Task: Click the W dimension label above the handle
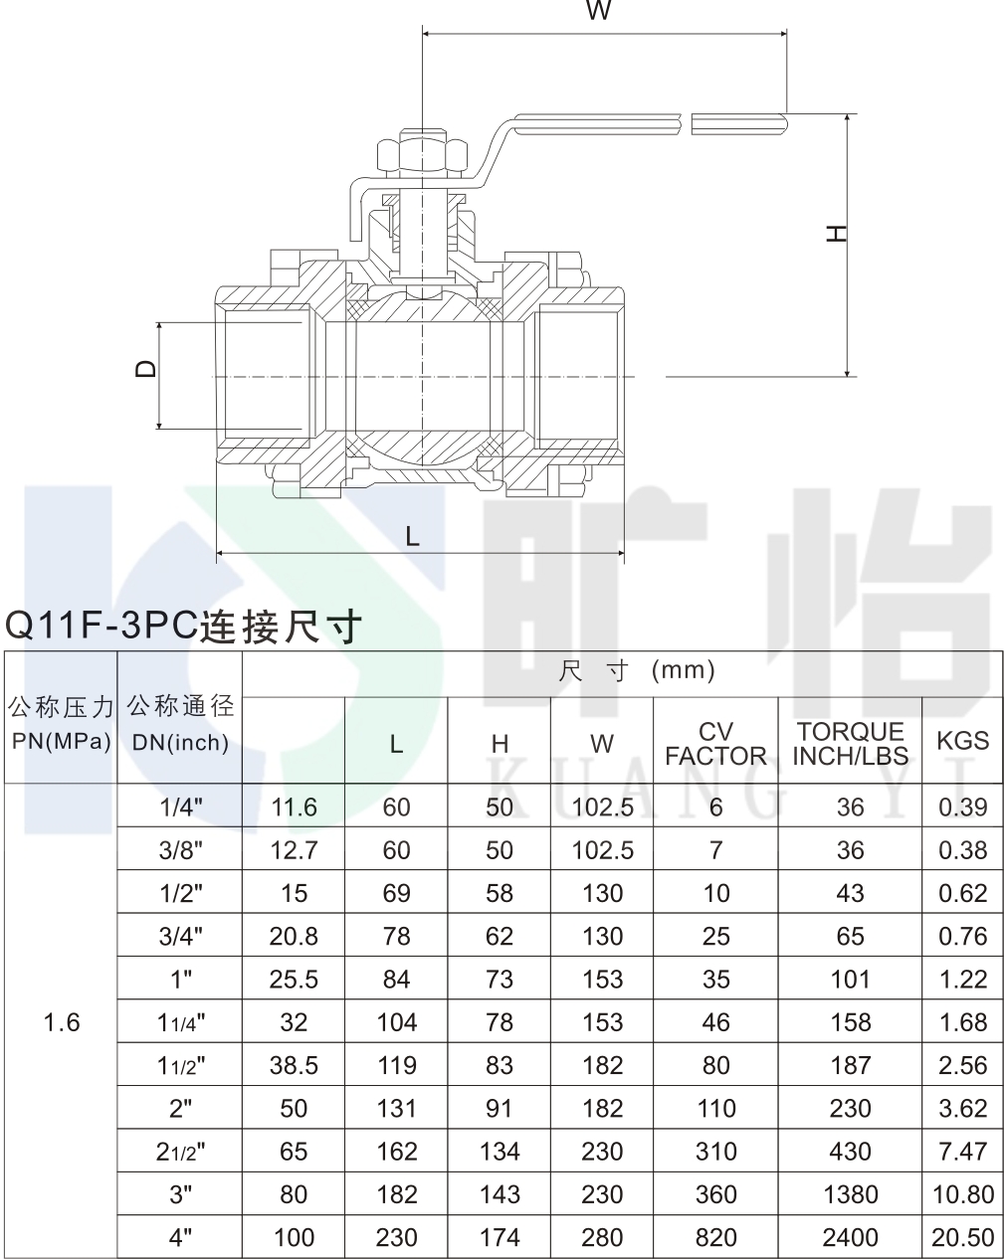point(598,10)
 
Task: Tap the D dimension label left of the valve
point(145,369)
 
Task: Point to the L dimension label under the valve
point(413,536)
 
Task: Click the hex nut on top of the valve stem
point(423,154)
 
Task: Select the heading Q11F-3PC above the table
point(101,625)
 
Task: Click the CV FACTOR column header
point(715,744)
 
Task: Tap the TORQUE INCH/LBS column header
point(850,744)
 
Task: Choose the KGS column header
point(962,741)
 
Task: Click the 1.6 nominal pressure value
point(62,1022)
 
